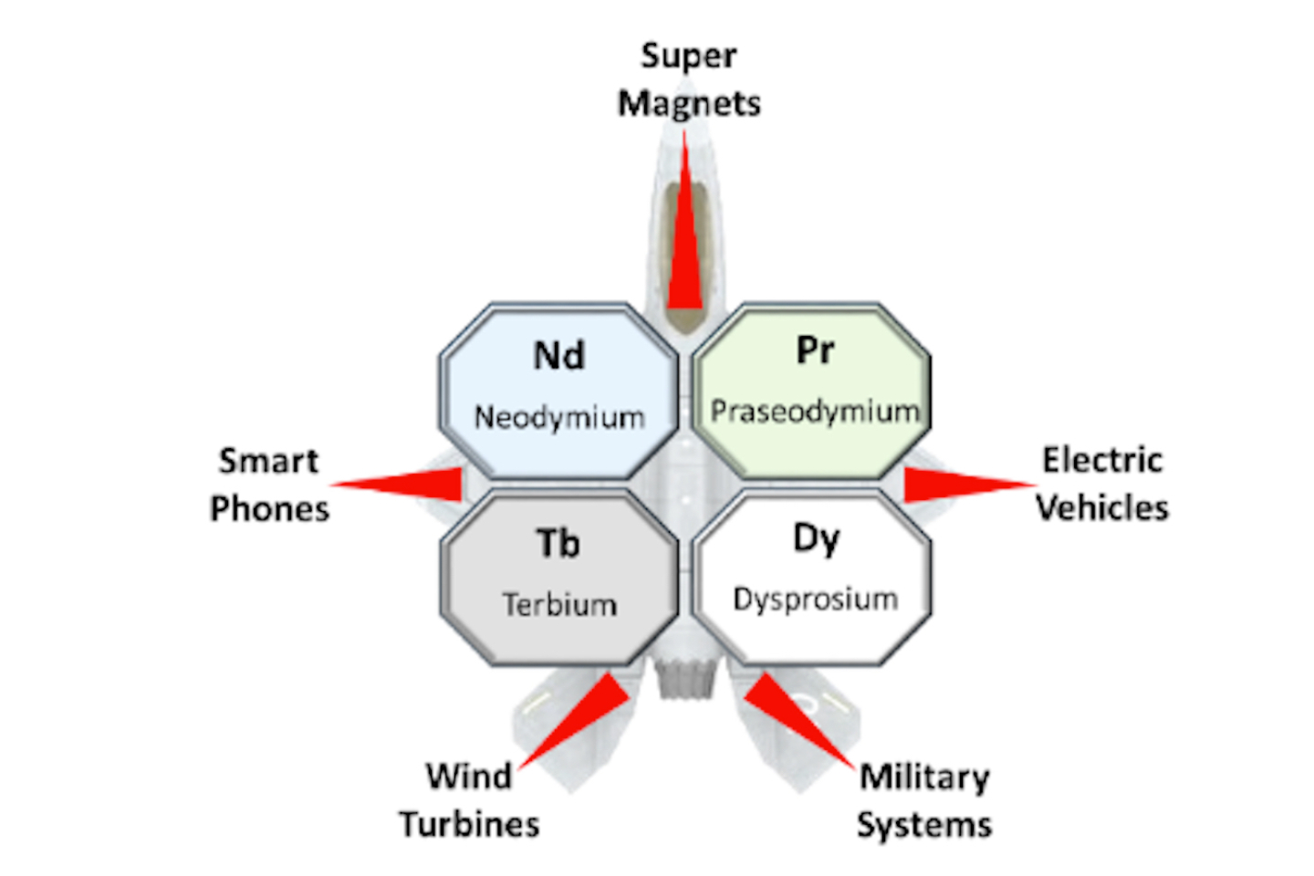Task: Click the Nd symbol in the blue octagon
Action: (x=558, y=355)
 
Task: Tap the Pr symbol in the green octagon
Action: (x=815, y=350)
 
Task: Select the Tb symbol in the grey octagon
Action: (x=558, y=544)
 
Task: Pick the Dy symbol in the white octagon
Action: (x=815, y=538)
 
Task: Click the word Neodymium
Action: (x=559, y=418)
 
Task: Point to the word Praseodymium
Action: (x=815, y=412)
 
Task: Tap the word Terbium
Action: (x=559, y=605)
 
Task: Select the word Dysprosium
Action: (x=815, y=600)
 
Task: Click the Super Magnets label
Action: (x=689, y=79)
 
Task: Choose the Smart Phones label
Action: (x=269, y=485)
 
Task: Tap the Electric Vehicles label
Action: (x=1102, y=484)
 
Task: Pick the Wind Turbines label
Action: (x=469, y=800)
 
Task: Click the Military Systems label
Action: (x=924, y=800)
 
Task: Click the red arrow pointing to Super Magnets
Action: (x=684, y=246)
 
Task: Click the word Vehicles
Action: (x=1102, y=508)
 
